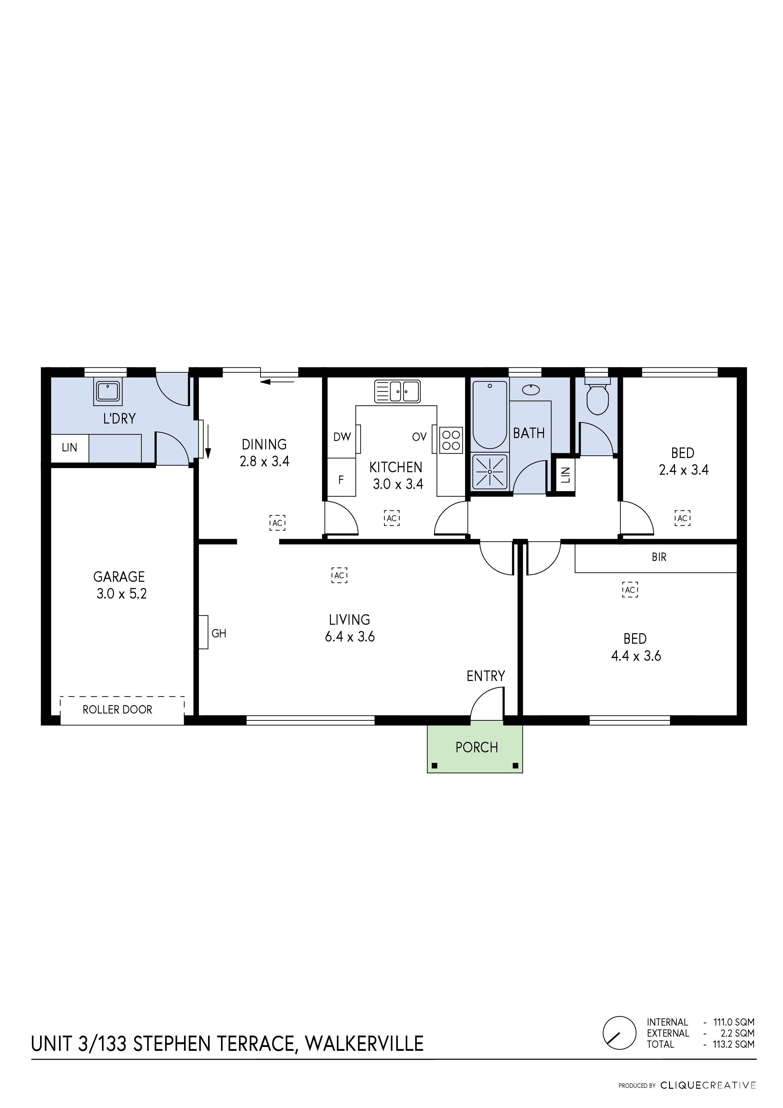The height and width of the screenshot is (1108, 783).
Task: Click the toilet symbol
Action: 597,398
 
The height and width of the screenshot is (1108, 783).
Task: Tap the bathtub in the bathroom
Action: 490,415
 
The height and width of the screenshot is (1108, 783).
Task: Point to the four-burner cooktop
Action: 451,440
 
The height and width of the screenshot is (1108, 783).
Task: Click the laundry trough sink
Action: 108,391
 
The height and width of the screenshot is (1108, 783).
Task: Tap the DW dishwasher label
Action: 342,437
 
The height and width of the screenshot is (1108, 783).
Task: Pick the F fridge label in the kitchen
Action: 341,480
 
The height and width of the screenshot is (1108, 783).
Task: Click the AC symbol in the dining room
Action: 278,523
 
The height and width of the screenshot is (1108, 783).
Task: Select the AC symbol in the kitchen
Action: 392,518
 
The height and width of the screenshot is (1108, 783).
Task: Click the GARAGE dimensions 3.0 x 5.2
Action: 121,594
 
